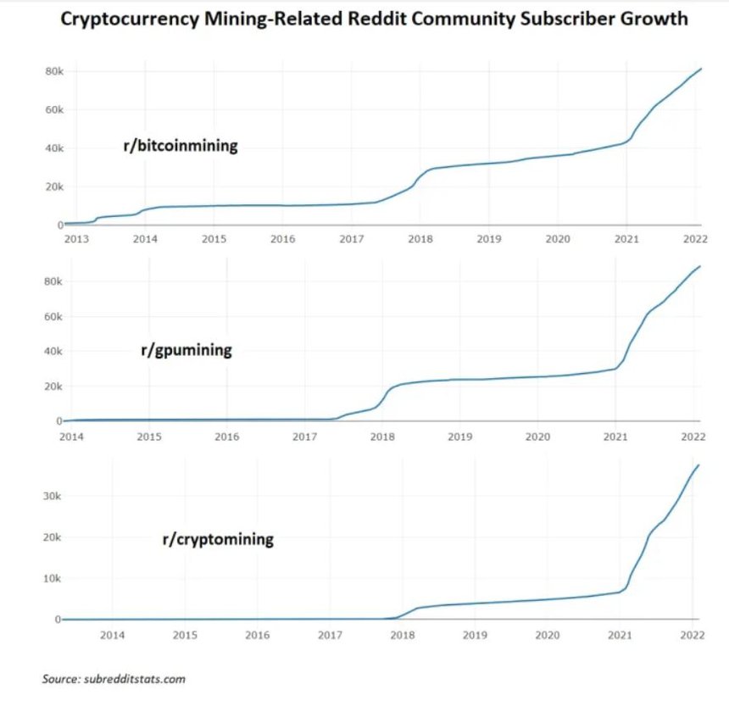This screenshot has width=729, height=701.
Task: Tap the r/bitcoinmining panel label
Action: pyautogui.click(x=181, y=146)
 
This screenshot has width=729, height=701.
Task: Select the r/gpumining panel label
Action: pyautogui.click(x=186, y=349)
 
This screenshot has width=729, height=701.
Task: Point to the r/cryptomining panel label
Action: pyautogui.click(x=218, y=538)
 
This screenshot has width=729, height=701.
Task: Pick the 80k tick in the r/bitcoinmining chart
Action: pyautogui.click(x=53, y=71)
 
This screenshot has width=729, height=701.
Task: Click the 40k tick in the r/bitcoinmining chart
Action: pyautogui.click(x=53, y=148)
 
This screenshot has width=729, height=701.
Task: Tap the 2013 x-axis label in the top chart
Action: pyautogui.click(x=75, y=240)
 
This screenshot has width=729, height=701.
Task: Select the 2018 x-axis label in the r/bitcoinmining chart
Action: pyautogui.click(x=420, y=240)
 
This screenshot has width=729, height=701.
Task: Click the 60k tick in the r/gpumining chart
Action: pyautogui.click(x=53, y=317)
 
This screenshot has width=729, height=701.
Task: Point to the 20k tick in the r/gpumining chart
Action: pyautogui.click(x=53, y=387)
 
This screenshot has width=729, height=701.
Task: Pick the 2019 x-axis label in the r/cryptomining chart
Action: pyautogui.click(x=476, y=634)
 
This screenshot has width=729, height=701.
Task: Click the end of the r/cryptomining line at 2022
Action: pyautogui.click(x=699, y=465)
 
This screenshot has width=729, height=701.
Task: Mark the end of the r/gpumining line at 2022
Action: pyautogui.click(x=699, y=267)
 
